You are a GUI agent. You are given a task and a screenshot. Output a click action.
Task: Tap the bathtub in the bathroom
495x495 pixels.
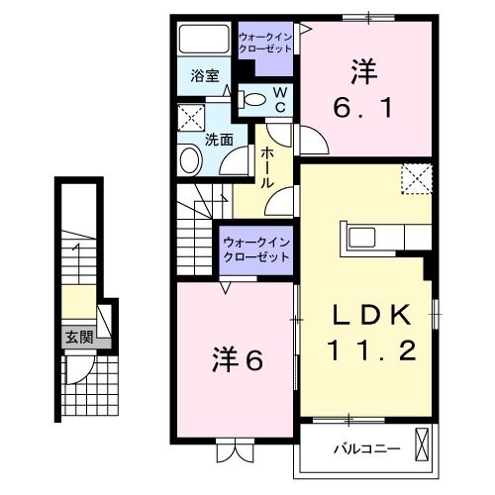click(x=203, y=41)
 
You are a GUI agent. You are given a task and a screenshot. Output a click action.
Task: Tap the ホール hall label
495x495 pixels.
click(x=267, y=168)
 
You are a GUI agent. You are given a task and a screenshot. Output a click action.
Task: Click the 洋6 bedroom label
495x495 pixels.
click(x=238, y=359)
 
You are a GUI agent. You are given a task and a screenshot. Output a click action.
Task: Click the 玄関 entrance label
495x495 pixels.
click(x=78, y=338)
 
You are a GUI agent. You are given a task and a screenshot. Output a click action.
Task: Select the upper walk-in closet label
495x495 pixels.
click(x=265, y=45)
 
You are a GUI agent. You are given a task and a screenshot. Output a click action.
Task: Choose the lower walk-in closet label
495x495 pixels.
click(x=255, y=248)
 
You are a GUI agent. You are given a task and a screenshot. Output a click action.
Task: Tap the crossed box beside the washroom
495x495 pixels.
click(x=189, y=122)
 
